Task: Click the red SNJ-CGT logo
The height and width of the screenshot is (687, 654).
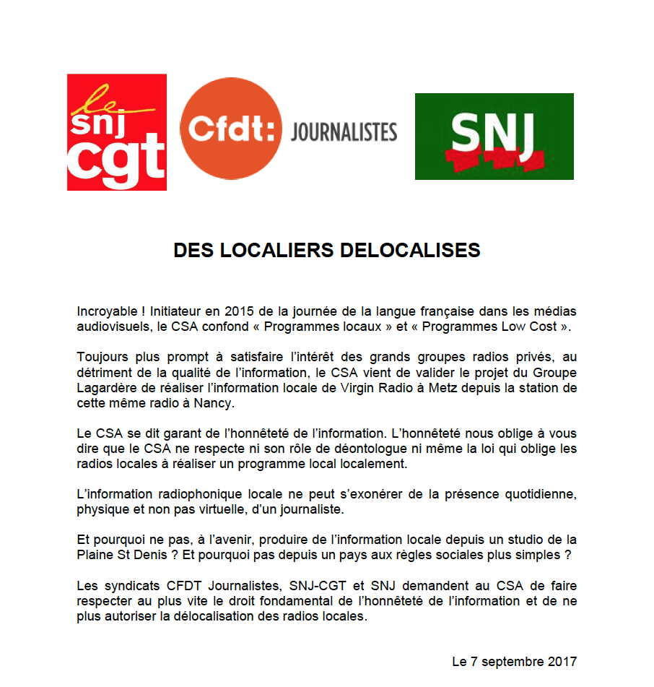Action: point(117,132)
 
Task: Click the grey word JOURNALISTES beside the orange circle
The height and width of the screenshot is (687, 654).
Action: point(344,132)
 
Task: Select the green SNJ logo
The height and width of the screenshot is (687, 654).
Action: point(494,136)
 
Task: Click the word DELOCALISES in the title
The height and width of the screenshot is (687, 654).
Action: point(409,250)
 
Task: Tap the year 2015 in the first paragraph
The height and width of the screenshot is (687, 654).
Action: point(239,311)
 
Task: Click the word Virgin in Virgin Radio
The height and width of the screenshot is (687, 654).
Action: point(368,388)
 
